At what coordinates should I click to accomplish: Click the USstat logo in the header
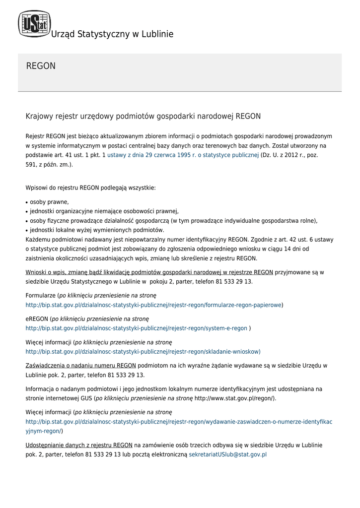[x=34, y=24]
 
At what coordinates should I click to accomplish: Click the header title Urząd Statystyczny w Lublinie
[x=112, y=34]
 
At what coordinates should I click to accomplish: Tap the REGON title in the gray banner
[x=41, y=66]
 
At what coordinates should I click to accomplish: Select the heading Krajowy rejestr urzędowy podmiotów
[x=143, y=116]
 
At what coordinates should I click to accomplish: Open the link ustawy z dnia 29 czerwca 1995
[x=183, y=155]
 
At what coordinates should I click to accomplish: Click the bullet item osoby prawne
[x=49, y=202]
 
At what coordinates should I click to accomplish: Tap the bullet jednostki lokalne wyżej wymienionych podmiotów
[x=97, y=230]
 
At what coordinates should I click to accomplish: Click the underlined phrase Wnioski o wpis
[x=149, y=272]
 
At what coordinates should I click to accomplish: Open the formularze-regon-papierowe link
[x=153, y=305]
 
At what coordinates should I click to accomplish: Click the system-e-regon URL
[x=136, y=328]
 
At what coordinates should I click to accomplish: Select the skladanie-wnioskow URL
[x=143, y=352]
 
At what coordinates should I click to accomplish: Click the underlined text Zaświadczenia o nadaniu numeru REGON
[x=80, y=366]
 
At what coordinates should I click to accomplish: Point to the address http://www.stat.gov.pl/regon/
[x=234, y=398]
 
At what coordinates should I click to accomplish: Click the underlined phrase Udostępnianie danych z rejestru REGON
[x=78, y=445]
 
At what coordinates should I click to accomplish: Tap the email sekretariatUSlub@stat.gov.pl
[x=228, y=454]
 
